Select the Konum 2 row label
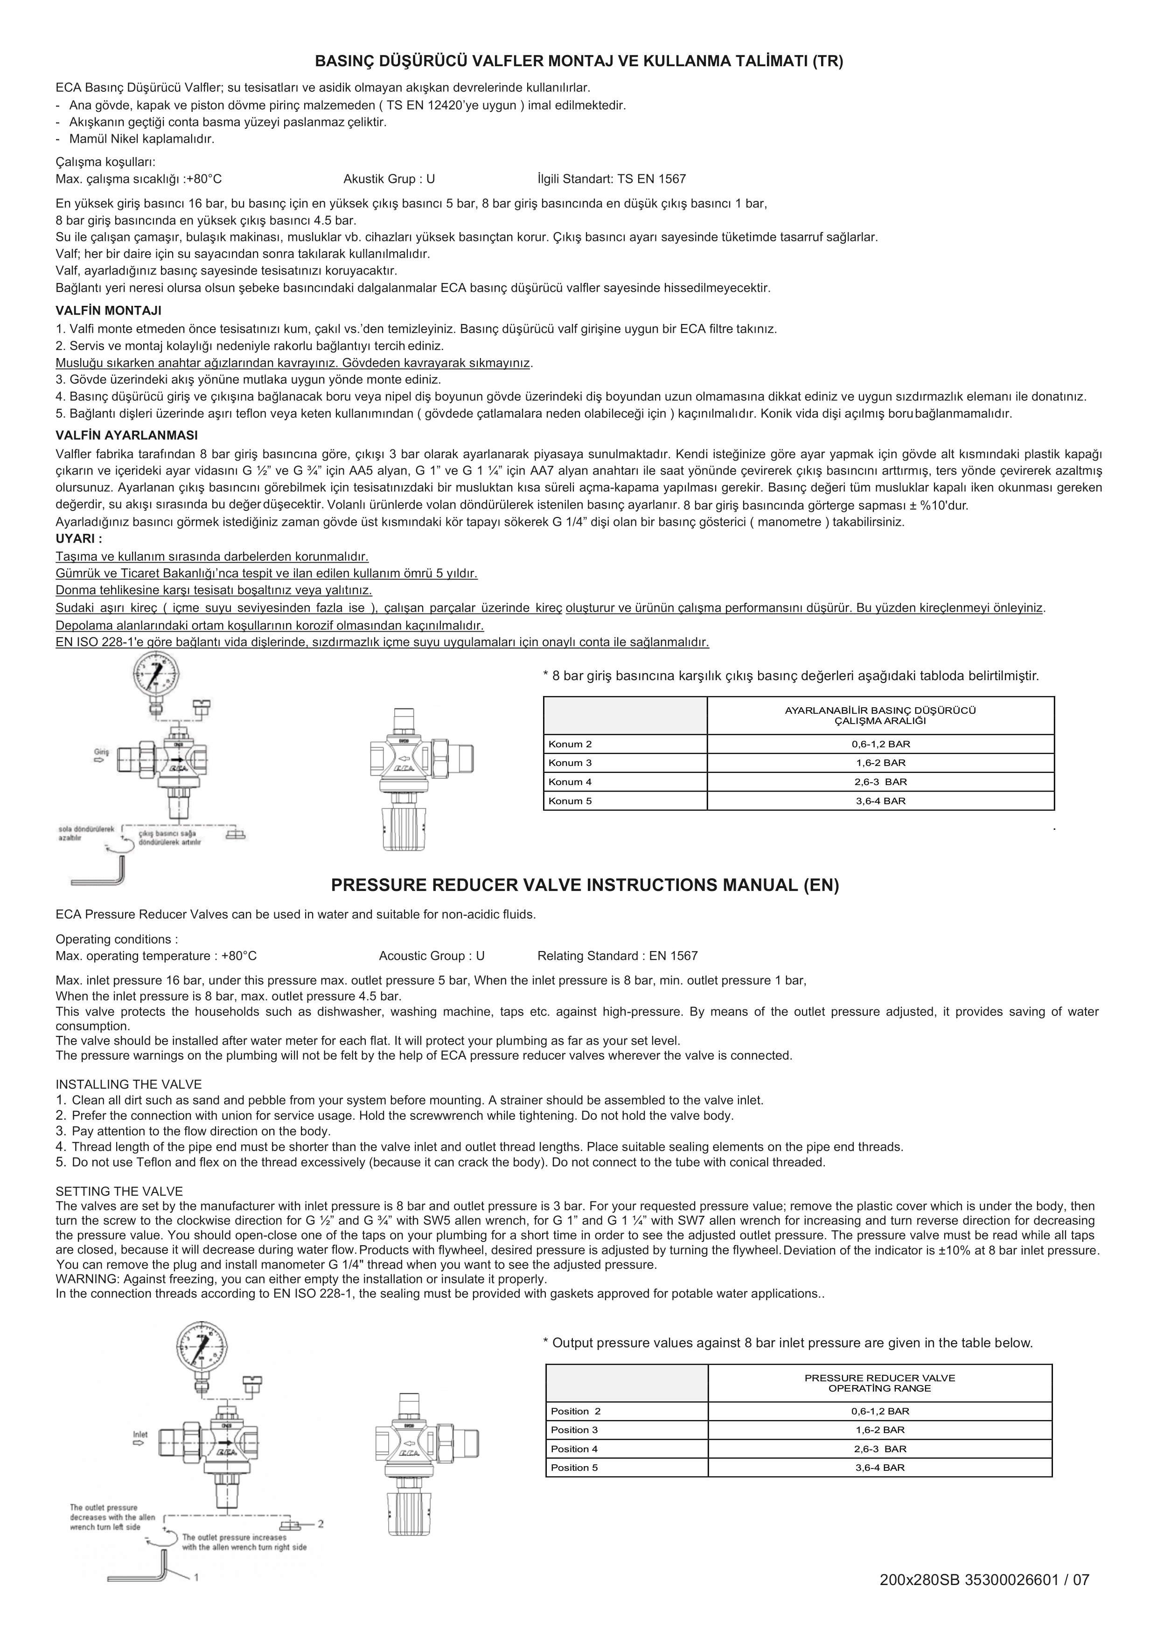pyautogui.click(x=570, y=744)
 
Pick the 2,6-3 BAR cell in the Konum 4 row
pyautogui.click(x=880, y=782)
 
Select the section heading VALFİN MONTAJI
pyautogui.click(x=108, y=310)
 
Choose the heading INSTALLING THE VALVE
pyautogui.click(x=128, y=1084)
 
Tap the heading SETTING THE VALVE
pyautogui.click(x=119, y=1191)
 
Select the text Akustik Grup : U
pyautogui.click(x=389, y=179)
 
